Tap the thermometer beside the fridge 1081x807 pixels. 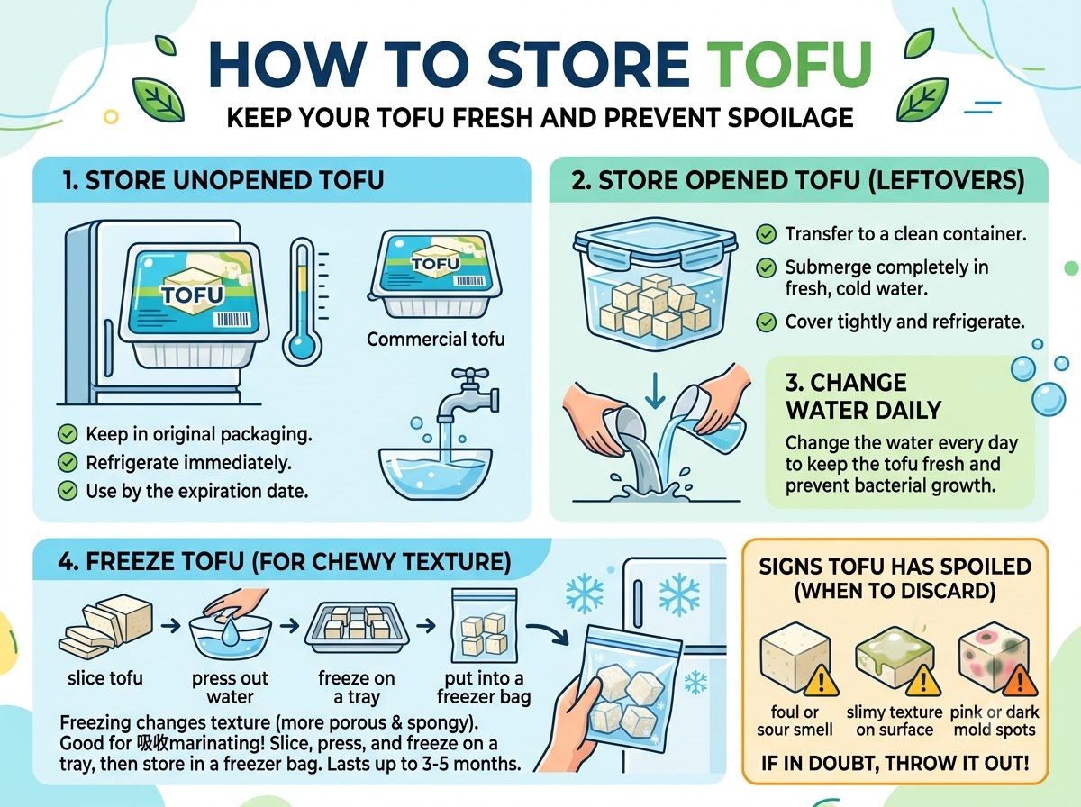[303, 302]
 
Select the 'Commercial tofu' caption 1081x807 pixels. [436, 340]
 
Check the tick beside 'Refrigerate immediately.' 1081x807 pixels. [68, 463]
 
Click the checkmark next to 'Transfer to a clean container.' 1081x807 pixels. [766, 234]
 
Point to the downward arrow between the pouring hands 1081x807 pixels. [655, 391]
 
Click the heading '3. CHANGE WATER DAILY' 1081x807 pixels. [863, 396]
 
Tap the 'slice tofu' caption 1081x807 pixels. [104, 678]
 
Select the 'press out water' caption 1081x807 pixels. [230, 687]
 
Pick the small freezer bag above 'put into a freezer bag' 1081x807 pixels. [485, 626]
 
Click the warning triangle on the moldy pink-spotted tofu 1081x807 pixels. [1020, 682]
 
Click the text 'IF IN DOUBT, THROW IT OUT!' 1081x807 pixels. [895, 764]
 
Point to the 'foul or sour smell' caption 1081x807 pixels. [795, 721]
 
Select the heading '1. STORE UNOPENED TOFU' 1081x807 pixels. [223, 180]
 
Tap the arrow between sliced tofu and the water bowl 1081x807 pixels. [170, 626]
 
